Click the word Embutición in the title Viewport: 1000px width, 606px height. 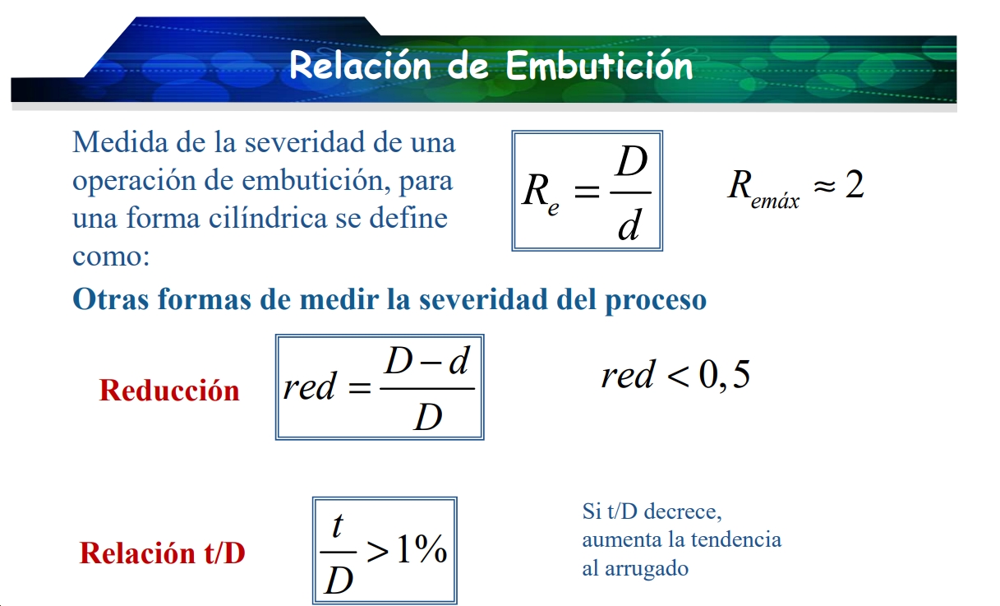[599, 65]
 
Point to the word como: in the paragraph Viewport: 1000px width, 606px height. [111, 257]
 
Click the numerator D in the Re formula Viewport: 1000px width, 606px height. [631, 161]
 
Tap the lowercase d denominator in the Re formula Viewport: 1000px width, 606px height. [629, 224]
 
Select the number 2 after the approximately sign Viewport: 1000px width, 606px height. [855, 184]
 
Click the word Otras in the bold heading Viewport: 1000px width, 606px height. [110, 299]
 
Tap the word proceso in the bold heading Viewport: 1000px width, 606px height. [656, 301]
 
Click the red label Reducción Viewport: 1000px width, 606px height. [169, 391]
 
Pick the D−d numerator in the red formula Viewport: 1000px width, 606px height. [426, 361]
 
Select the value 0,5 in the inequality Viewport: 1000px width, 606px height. [724, 375]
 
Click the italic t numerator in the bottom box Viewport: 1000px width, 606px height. [338, 526]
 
